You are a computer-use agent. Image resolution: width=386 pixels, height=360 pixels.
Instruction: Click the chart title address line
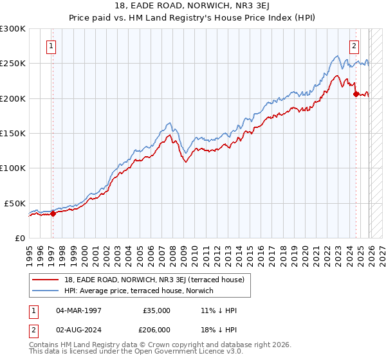pyautogui.click(x=192, y=6)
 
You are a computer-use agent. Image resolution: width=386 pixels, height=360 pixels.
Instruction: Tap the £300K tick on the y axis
pyautogui.click(x=13, y=29)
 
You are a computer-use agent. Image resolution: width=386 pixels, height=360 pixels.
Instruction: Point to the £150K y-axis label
pyautogui.click(x=13, y=133)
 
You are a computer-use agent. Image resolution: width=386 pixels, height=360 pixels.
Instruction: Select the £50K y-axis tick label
pyautogui.click(x=15, y=203)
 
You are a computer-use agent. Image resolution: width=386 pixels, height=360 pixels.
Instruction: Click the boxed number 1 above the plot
pyautogui.click(x=51, y=46)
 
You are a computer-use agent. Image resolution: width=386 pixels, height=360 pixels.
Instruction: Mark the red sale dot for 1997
pyautogui.click(x=53, y=214)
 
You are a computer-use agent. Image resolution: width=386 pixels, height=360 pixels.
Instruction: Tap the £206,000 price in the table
pyautogui.click(x=156, y=328)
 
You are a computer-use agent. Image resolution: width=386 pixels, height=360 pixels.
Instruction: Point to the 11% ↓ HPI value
pyautogui.click(x=218, y=310)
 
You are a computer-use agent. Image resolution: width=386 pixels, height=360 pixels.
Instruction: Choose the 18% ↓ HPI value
pyautogui.click(x=218, y=328)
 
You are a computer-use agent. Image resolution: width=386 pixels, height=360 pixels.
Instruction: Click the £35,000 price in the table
pyautogui.click(x=156, y=310)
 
